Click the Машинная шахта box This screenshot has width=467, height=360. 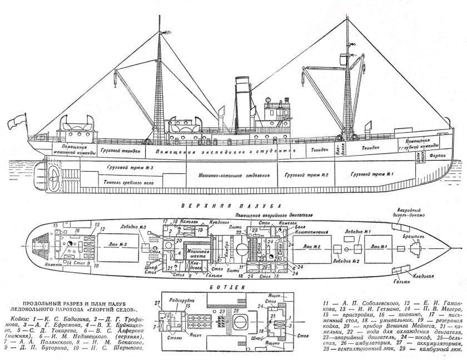click(198, 253)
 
